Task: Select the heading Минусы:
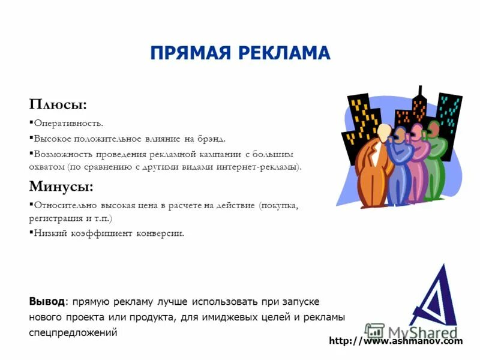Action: coord(61,187)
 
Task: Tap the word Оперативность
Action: coord(68,124)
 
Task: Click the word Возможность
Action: coord(62,154)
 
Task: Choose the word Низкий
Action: coord(49,233)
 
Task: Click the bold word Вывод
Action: coord(46,301)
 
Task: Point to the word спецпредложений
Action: coord(73,332)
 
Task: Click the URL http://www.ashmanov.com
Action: coord(396,341)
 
